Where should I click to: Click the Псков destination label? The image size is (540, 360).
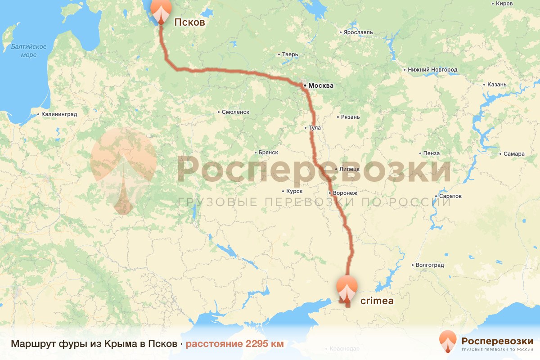click(x=189, y=22)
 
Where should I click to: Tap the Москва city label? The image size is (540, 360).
click(x=320, y=85)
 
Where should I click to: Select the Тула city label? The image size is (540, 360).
click(x=315, y=128)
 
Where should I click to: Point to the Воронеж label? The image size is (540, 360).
click(x=345, y=193)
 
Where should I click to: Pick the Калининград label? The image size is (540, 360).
click(x=59, y=114)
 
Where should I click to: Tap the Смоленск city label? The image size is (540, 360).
click(x=235, y=112)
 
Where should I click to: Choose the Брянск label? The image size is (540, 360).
click(x=268, y=153)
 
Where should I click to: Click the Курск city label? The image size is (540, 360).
click(x=294, y=191)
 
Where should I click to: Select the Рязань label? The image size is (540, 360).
click(x=351, y=117)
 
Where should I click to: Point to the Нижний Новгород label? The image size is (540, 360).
click(x=432, y=70)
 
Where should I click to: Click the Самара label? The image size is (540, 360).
click(x=514, y=154)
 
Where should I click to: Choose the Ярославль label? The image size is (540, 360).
click(x=358, y=32)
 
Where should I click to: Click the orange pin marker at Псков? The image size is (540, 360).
click(x=161, y=10)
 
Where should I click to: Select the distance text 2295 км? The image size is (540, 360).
click(x=234, y=344)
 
